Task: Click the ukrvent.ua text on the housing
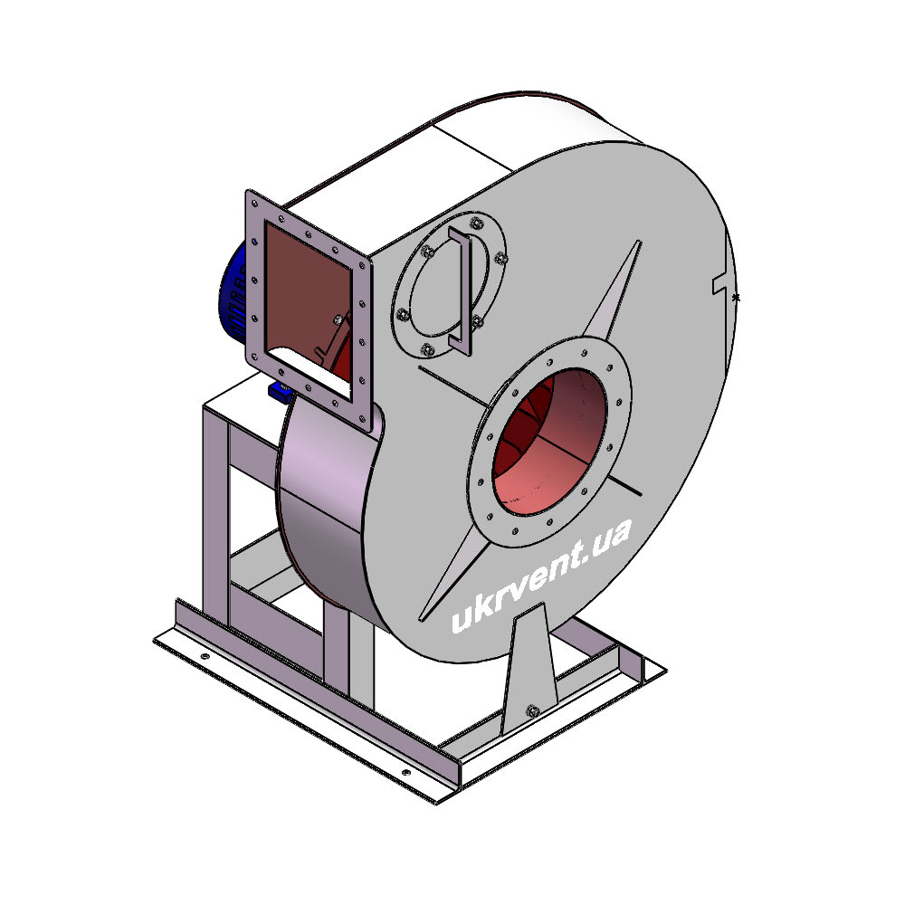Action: point(541,576)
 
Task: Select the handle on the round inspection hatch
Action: point(461,291)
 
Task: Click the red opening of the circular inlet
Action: point(549,443)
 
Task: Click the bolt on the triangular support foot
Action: point(533,710)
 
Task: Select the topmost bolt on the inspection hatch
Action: point(476,223)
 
